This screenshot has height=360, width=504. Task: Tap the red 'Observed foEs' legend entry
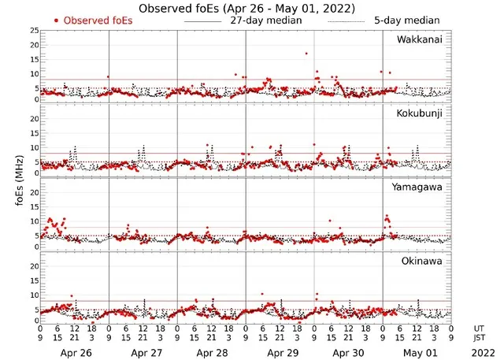point(92,20)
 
